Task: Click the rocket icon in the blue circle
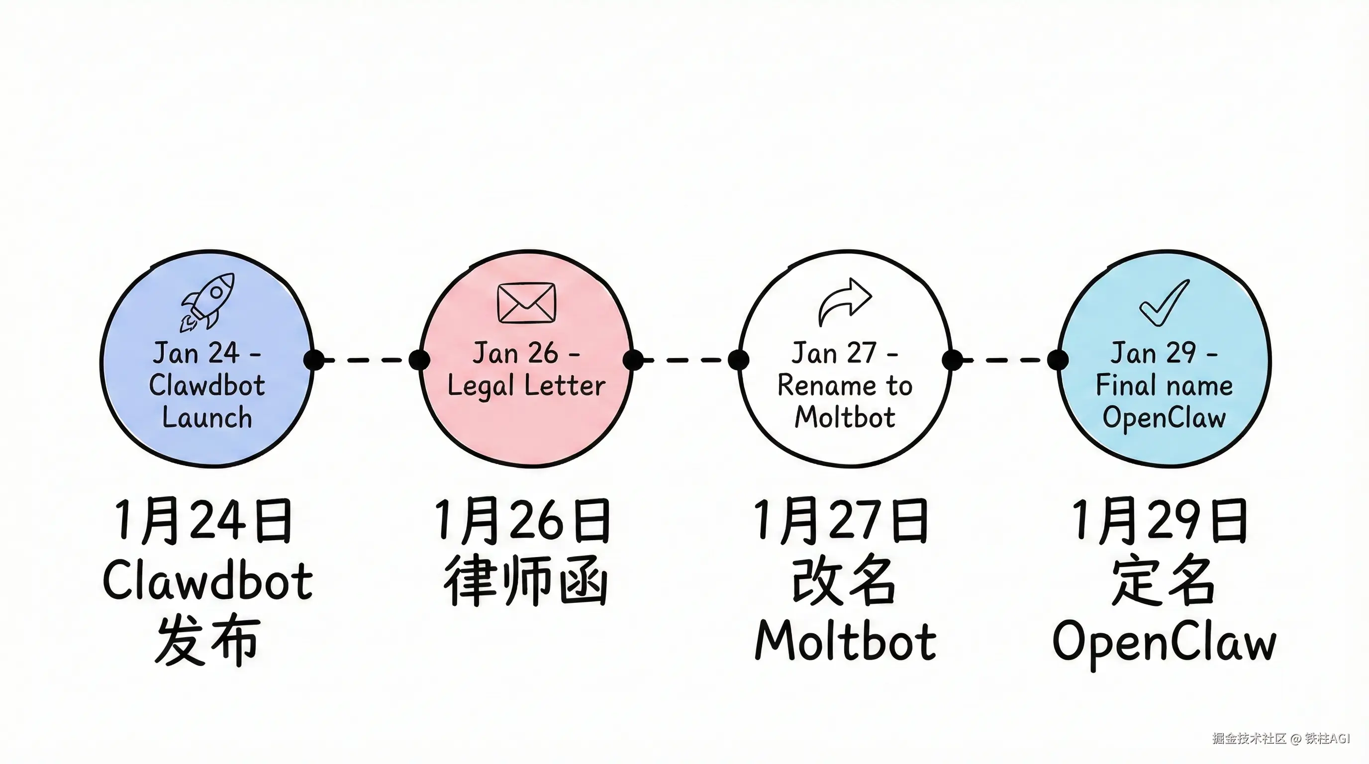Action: click(208, 301)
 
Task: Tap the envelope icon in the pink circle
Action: click(526, 303)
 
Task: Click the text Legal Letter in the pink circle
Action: click(526, 385)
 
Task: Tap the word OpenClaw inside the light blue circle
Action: click(1164, 418)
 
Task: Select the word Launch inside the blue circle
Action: click(207, 418)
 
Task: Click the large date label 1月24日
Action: click(203, 521)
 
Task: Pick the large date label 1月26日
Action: click(523, 521)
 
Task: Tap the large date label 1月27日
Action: click(841, 521)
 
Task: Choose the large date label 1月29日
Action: click(1160, 521)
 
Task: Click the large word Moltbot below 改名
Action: click(845, 641)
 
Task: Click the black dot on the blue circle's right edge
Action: click(314, 360)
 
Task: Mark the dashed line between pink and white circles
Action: click(685, 360)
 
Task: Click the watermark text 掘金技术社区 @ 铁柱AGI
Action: click(1281, 739)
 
